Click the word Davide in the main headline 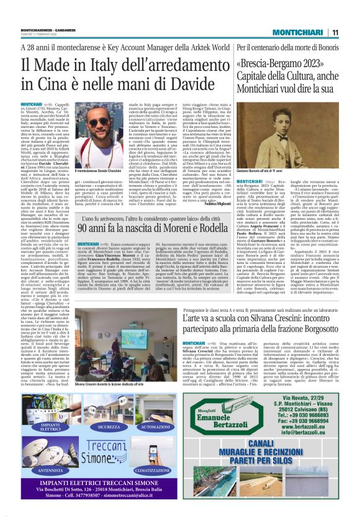(198, 84)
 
